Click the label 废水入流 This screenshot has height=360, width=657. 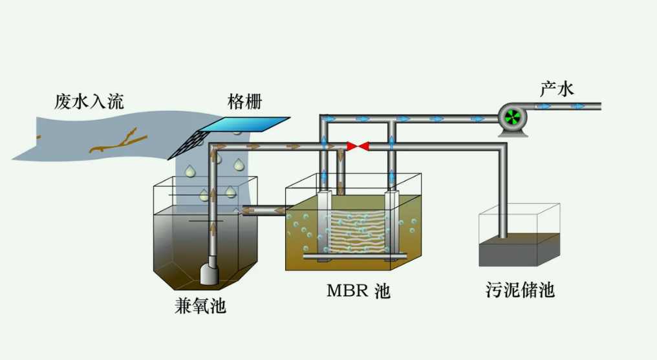[89, 101]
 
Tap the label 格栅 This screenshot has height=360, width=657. [245, 101]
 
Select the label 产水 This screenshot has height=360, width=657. [557, 89]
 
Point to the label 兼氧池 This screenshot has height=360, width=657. [200, 304]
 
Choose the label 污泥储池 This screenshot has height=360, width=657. [520, 290]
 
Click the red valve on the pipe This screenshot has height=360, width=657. [358, 147]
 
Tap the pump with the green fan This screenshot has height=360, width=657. [513, 117]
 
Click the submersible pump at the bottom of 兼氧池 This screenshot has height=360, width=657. [209, 272]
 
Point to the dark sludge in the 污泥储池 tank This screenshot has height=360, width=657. [517, 251]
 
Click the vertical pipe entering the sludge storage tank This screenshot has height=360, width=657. [502, 194]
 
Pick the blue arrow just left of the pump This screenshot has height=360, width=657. [478, 119]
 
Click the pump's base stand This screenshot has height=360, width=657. [513, 132]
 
